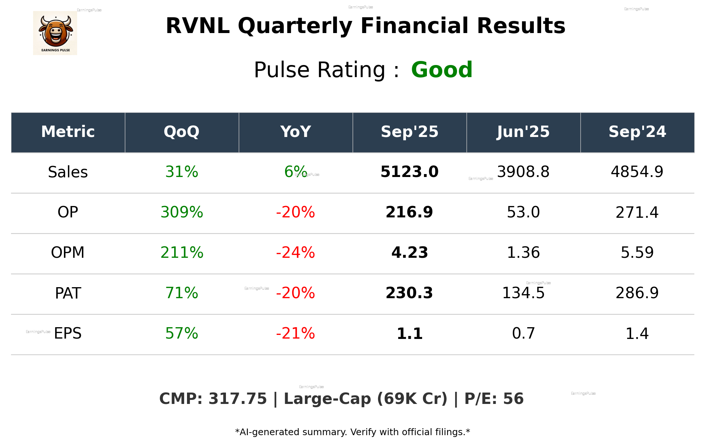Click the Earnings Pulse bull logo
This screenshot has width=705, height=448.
(x=55, y=33)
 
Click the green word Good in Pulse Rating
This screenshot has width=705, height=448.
(x=442, y=70)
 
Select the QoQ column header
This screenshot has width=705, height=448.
(x=181, y=132)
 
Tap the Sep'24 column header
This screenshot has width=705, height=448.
(x=637, y=132)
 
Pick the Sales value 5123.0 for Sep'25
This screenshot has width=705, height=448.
(x=409, y=172)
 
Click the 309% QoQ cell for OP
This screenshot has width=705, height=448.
(x=181, y=212)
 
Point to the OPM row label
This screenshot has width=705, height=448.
(x=68, y=253)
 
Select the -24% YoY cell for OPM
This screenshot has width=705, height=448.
(x=295, y=253)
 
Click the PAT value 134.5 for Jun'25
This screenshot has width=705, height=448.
(x=523, y=293)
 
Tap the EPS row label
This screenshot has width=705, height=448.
(x=68, y=333)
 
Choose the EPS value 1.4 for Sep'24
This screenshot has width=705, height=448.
(x=637, y=333)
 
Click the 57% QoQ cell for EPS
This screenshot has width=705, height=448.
(x=181, y=333)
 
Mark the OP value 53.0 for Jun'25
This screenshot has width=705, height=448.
(x=523, y=212)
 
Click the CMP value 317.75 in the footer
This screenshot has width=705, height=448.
(x=237, y=399)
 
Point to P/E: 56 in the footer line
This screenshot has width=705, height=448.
(x=494, y=399)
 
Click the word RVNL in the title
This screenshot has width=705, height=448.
(x=198, y=26)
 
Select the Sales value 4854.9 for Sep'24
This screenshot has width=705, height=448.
(x=637, y=172)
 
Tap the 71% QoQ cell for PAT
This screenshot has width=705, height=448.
(x=181, y=293)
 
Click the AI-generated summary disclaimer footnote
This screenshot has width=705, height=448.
(x=352, y=432)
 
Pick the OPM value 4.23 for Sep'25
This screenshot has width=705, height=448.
(x=409, y=253)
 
